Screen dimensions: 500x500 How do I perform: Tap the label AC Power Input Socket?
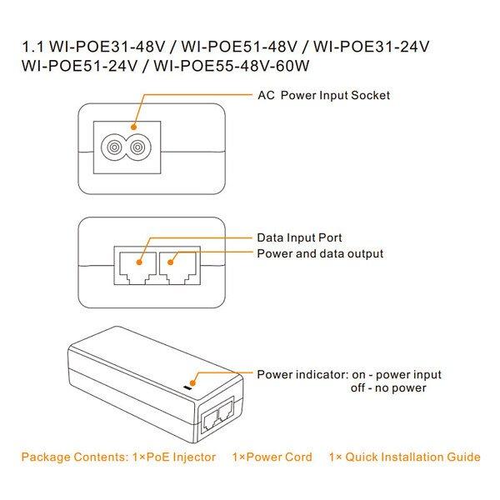323,95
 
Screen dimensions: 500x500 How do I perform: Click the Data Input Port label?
299,238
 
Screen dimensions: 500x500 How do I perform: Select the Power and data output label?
320,253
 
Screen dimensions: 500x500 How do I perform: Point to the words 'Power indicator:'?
299,374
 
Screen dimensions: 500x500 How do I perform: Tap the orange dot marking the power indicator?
195,374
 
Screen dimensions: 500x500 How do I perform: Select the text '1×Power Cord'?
272,457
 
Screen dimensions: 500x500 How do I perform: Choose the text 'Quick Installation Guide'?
412,457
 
